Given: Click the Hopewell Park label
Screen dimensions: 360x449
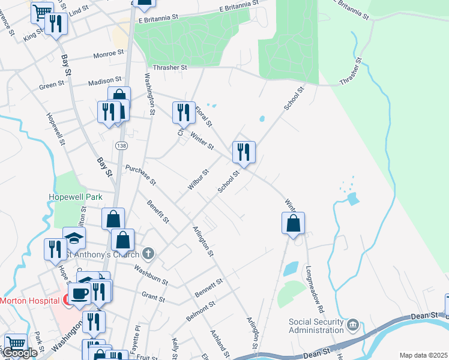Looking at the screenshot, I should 76,197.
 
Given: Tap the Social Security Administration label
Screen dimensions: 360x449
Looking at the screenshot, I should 318,325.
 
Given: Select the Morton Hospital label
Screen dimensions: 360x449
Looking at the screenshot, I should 28,300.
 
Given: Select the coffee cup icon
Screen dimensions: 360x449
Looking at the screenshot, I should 80,293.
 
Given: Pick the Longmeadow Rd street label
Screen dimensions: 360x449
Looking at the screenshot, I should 315,289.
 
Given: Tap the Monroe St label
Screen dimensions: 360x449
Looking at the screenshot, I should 108,55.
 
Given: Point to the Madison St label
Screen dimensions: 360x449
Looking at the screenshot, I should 105,80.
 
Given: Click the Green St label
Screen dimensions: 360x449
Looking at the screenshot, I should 52,86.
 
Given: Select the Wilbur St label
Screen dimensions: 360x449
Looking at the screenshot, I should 197,179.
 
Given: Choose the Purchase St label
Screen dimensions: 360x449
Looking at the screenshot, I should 140,174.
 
